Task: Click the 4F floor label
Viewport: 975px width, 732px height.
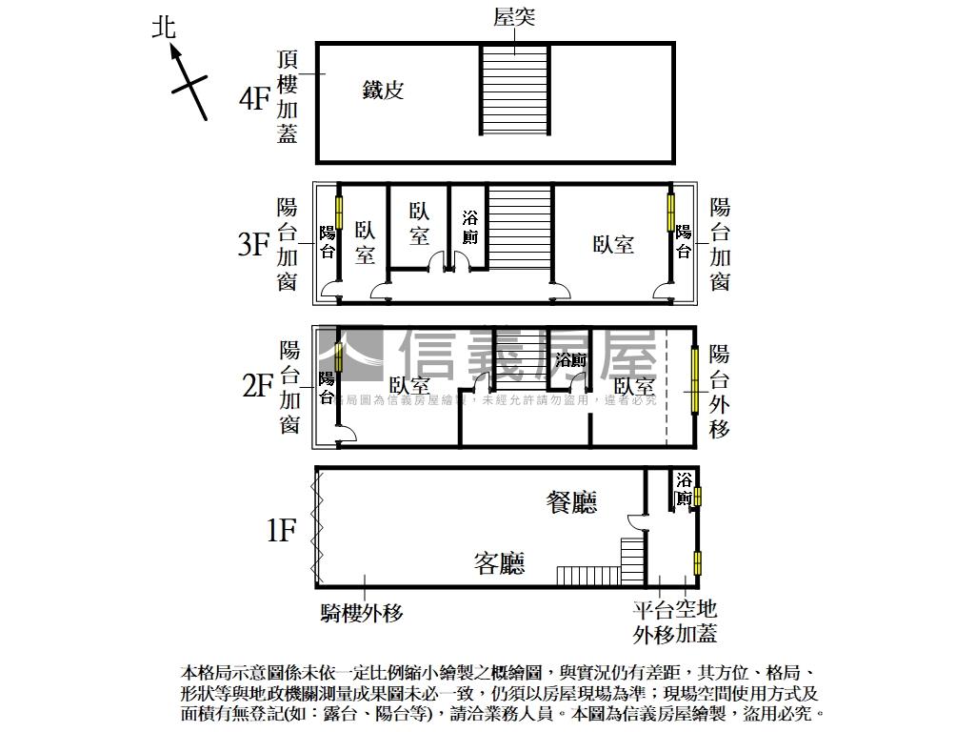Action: tap(254, 99)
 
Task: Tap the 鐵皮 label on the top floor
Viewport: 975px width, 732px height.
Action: tap(383, 91)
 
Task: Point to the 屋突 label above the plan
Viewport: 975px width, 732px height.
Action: tap(515, 17)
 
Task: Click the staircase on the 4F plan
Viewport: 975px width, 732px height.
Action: tap(515, 91)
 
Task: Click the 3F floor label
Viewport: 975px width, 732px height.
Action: tap(254, 245)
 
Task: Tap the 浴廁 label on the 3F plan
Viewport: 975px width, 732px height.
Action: tap(469, 228)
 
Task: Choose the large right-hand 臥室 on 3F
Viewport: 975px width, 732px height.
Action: tap(613, 244)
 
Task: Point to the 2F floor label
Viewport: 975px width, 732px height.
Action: tap(257, 386)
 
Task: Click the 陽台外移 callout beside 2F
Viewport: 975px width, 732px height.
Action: tap(720, 392)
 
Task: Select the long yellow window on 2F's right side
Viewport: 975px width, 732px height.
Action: tap(695, 379)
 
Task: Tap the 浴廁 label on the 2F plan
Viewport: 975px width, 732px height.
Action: tap(570, 360)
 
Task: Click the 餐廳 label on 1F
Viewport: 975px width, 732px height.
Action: tap(571, 502)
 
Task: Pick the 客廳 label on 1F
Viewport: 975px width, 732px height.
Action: tap(500, 564)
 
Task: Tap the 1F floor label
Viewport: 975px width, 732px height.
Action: tap(282, 529)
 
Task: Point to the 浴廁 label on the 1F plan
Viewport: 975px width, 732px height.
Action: tap(684, 488)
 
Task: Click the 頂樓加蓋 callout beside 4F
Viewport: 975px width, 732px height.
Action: tap(288, 96)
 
